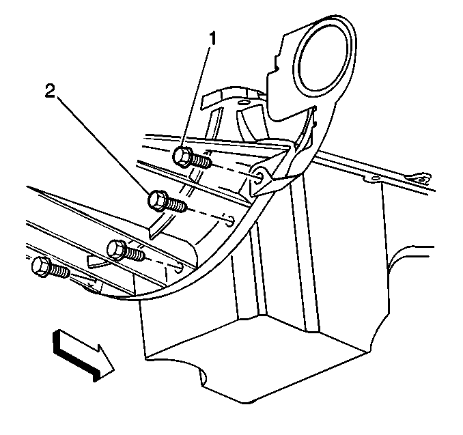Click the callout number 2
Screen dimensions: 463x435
click(50, 91)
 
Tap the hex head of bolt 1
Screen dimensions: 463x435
click(181, 157)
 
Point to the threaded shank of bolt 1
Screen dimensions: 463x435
click(201, 162)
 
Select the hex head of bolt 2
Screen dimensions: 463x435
click(156, 200)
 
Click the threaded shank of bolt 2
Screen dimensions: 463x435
click(177, 204)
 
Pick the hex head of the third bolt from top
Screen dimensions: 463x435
click(116, 250)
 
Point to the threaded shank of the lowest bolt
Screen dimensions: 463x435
click(60, 271)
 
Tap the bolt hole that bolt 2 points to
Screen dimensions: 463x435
click(230, 221)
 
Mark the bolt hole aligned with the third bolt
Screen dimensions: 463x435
click(178, 268)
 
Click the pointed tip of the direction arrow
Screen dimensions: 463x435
click(114, 369)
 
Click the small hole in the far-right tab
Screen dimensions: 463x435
click(423, 180)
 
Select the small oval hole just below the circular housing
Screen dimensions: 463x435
click(242, 102)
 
